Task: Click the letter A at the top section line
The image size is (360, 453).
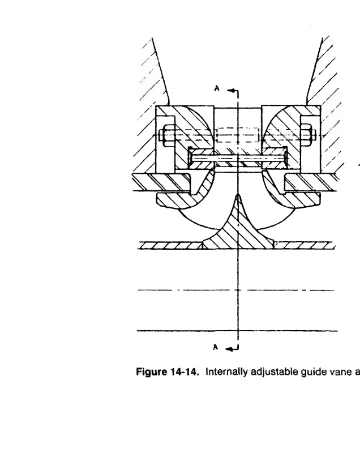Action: pyautogui.click(x=217, y=88)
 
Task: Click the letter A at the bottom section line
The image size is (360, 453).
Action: pyautogui.click(x=215, y=347)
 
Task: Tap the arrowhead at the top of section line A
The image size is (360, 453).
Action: pyautogui.click(x=230, y=91)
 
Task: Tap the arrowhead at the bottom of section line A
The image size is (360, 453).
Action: pyautogui.click(x=229, y=349)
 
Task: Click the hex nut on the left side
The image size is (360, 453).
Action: pyautogui.click(x=169, y=135)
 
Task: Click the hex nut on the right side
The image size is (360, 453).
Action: pyautogui.click(x=307, y=135)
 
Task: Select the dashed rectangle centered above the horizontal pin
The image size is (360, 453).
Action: pyautogui.click(x=238, y=135)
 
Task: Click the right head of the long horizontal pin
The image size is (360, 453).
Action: pyautogui.click(x=286, y=158)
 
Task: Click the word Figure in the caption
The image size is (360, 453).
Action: pyautogui.click(x=150, y=372)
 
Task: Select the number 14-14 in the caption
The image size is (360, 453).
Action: pyautogui.click(x=185, y=371)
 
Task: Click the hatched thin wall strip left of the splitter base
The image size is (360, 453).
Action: pyautogui.click(x=170, y=246)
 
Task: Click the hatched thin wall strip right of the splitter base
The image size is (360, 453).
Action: pyautogui.click(x=305, y=246)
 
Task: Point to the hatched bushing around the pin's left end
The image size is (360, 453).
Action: pyautogui.click(x=202, y=159)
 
